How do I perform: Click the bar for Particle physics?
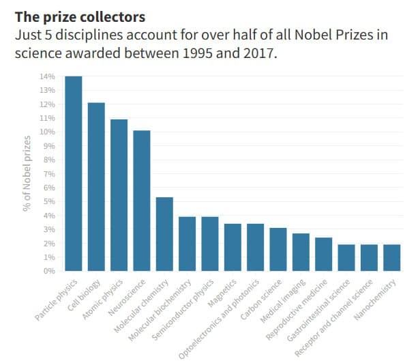pos(73,174)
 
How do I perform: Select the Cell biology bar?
pos(96,187)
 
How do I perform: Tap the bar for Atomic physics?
pos(119,195)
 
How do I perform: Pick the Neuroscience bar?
pos(141,201)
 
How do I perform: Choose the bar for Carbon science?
pos(278,250)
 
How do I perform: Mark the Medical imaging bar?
pos(301,252)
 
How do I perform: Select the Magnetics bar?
pos(232,247)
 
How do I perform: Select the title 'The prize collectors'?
pos(81,15)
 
